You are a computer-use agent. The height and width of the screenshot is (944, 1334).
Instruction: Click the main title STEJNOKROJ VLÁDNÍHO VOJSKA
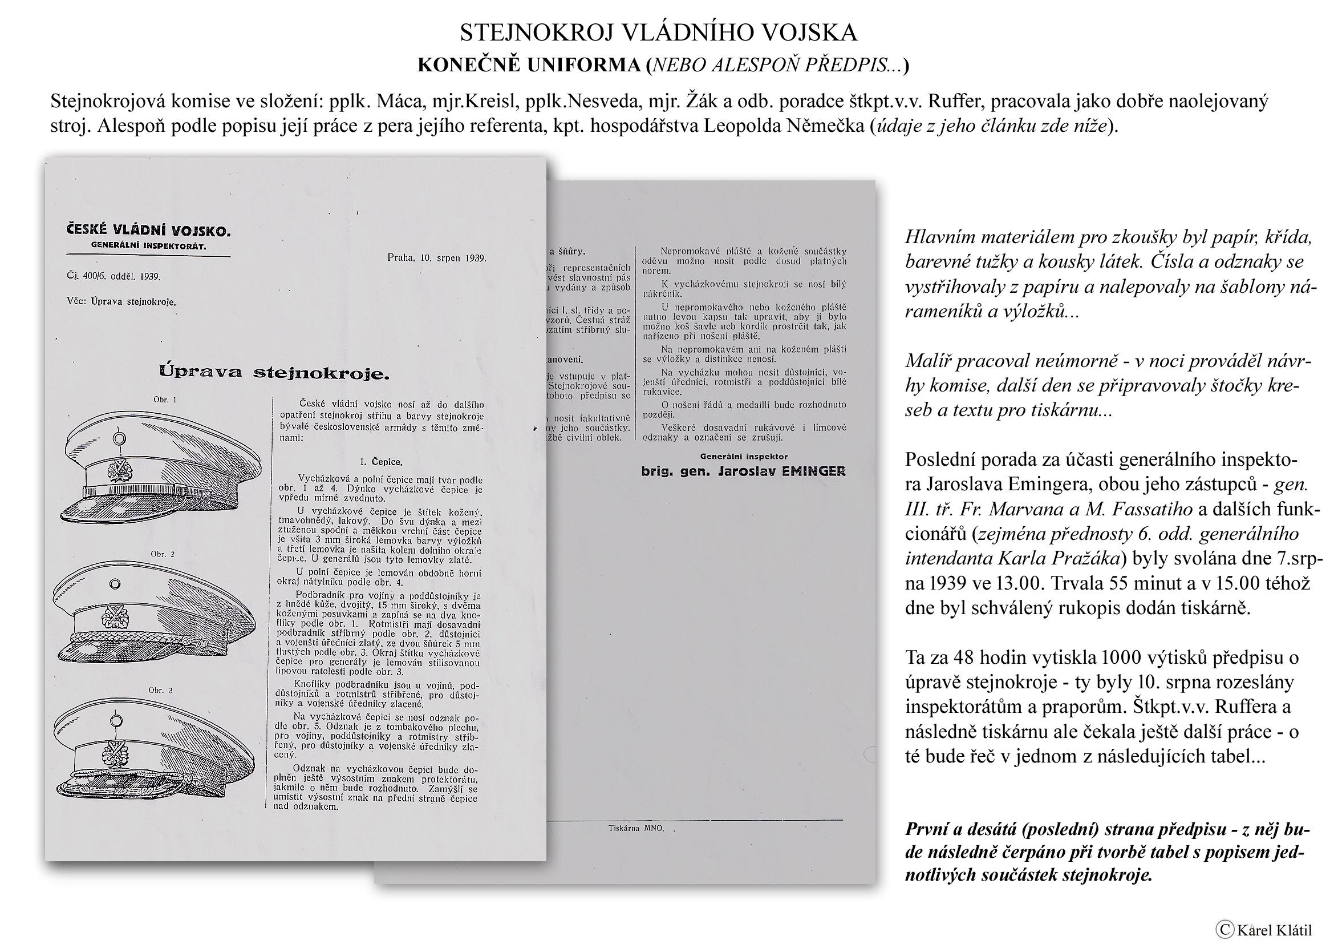658,33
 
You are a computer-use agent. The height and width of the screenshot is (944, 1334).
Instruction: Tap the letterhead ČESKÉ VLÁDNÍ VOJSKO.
149,231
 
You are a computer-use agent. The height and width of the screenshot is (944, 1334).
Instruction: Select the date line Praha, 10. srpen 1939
436,258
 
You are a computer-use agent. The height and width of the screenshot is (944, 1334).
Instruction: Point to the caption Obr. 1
164,400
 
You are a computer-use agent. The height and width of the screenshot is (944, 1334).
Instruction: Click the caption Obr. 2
163,554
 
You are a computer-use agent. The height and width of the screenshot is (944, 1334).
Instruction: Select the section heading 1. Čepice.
380,462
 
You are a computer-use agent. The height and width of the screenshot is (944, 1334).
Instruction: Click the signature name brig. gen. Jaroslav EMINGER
743,471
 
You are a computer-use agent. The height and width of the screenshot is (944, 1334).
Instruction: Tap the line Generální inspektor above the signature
744,457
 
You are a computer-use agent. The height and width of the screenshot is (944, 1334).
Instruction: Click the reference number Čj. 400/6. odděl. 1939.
114,277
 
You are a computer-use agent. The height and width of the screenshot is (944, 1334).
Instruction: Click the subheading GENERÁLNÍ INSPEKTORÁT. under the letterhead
149,247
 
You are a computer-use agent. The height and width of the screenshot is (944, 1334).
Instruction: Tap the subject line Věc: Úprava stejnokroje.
121,302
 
